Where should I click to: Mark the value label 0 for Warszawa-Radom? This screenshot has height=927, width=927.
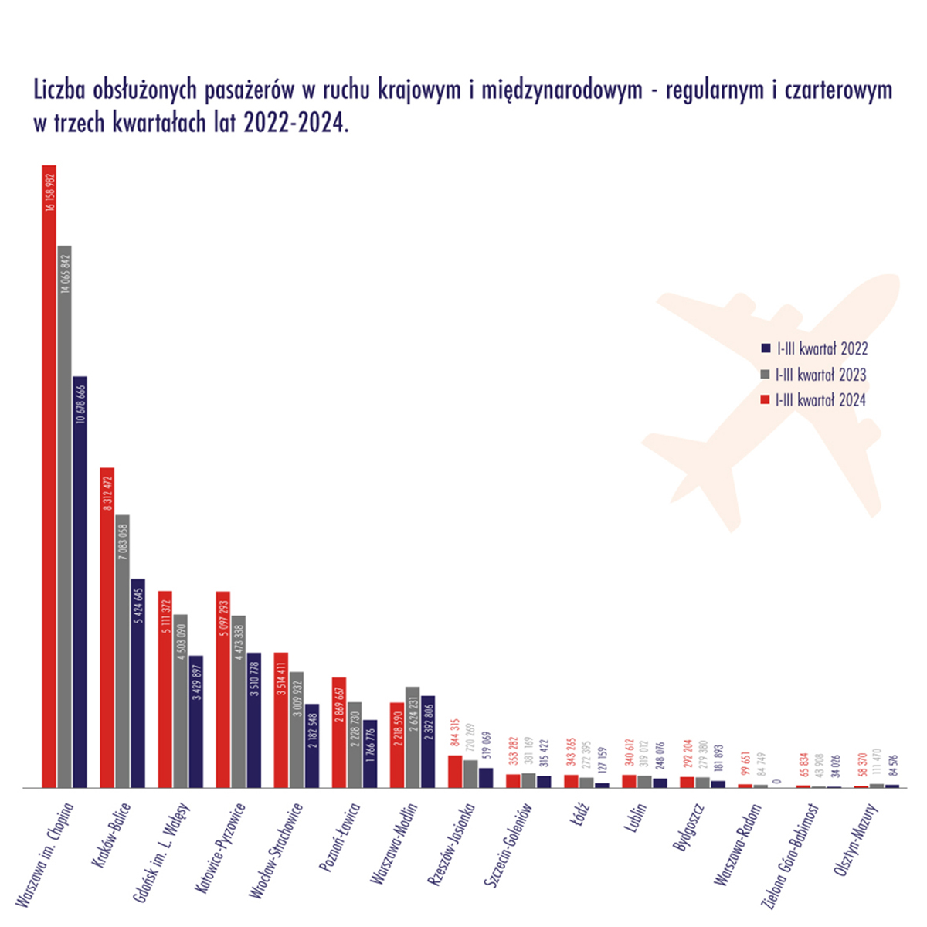click(x=776, y=781)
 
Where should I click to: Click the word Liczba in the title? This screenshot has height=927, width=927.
click(x=59, y=90)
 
